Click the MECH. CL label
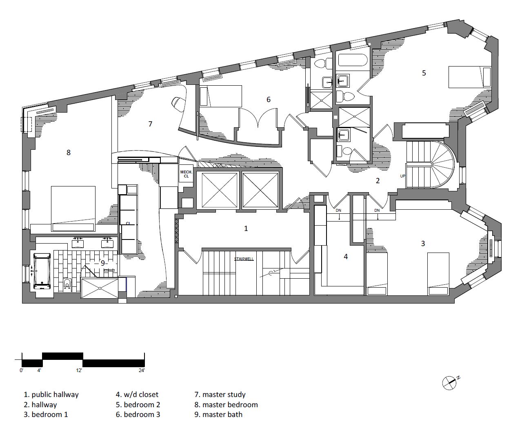(x=186, y=174)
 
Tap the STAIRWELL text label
(x=244, y=259)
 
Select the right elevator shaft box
(x=260, y=191)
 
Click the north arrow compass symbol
(x=450, y=382)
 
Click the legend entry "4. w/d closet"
(x=137, y=395)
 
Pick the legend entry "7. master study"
(x=220, y=395)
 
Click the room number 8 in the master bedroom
(x=69, y=153)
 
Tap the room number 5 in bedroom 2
(x=424, y=73)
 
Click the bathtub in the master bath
(x=42, y=270)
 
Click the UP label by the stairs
(x=402, y=176)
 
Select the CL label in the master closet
(x=128, y=223)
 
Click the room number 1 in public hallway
(x=246, y=228)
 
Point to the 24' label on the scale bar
(x=142, y=371)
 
